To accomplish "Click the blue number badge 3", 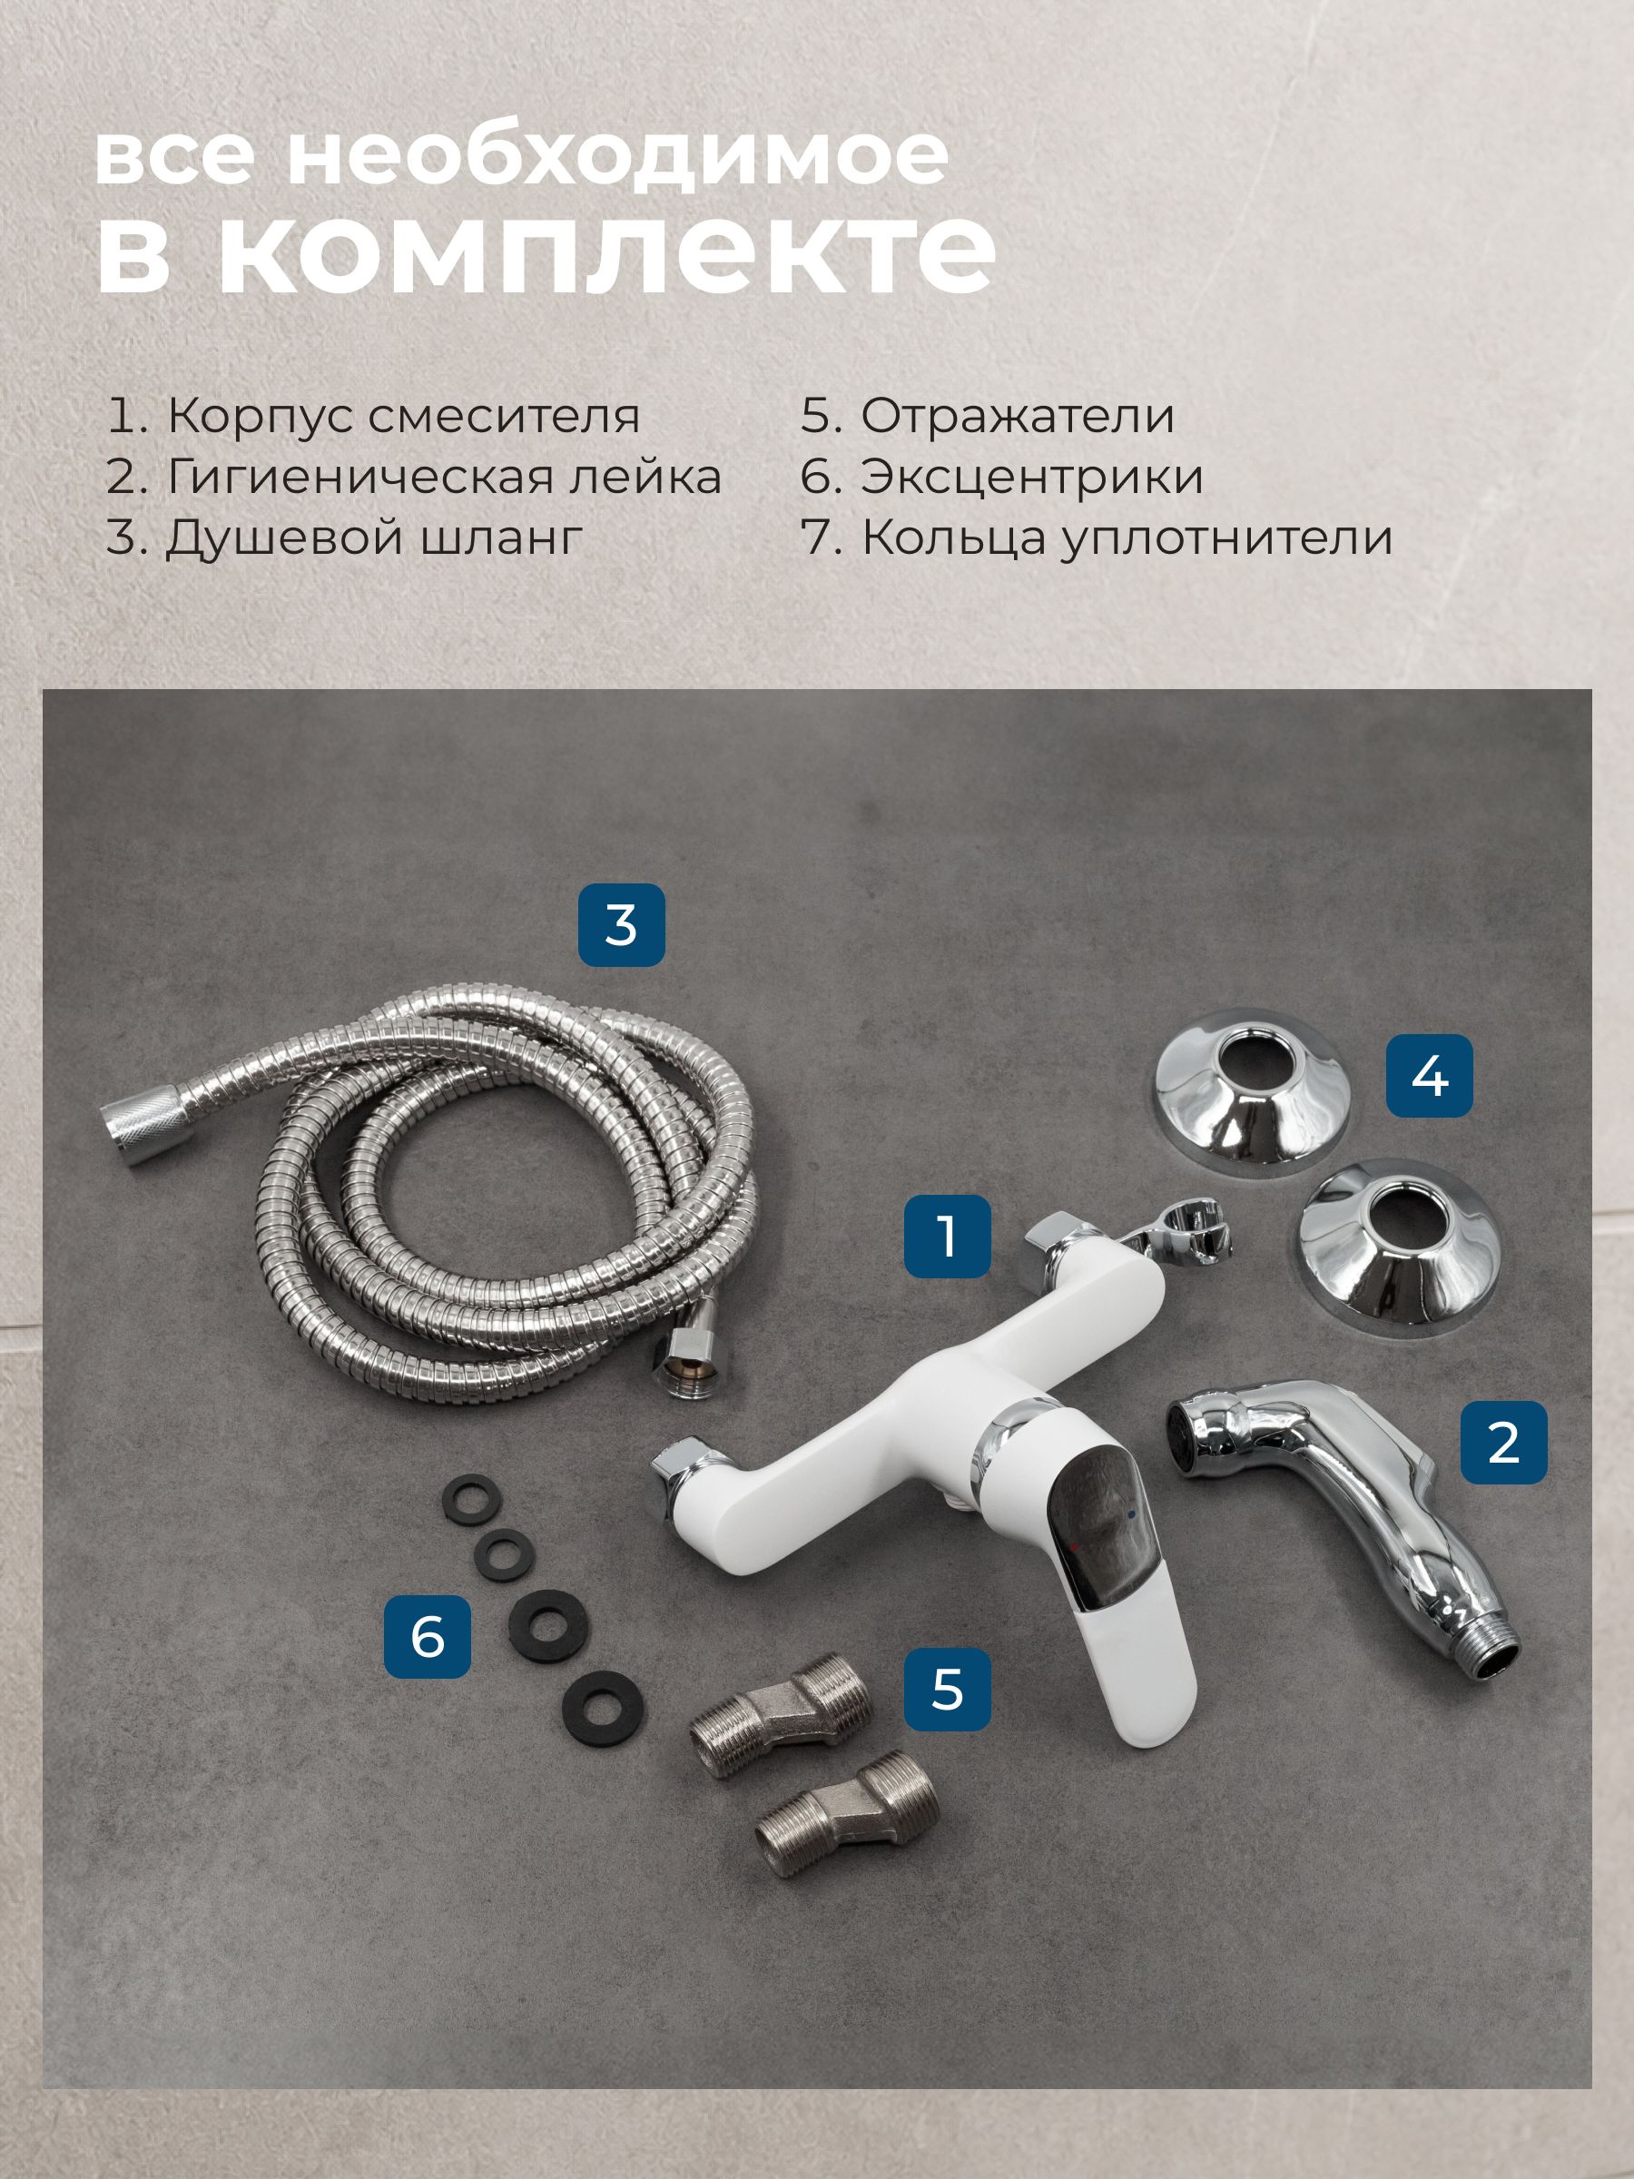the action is (621, 925).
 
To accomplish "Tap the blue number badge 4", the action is (1429, 1075).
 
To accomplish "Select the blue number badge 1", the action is (948, 1236).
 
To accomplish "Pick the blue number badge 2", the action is (1503, 1442).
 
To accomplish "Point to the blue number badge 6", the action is (428, 1636).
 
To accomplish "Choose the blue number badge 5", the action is (947, 1689).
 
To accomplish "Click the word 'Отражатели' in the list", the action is (1018, 416).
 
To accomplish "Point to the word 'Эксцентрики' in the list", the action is (1032, 478).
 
